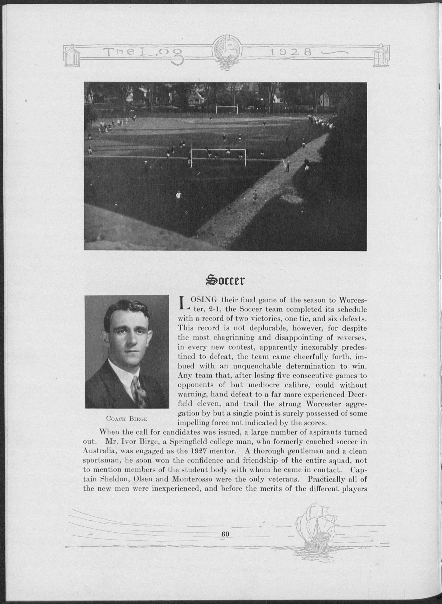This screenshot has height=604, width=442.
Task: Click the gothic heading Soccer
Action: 224,280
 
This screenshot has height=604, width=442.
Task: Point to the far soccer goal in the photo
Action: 227,109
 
